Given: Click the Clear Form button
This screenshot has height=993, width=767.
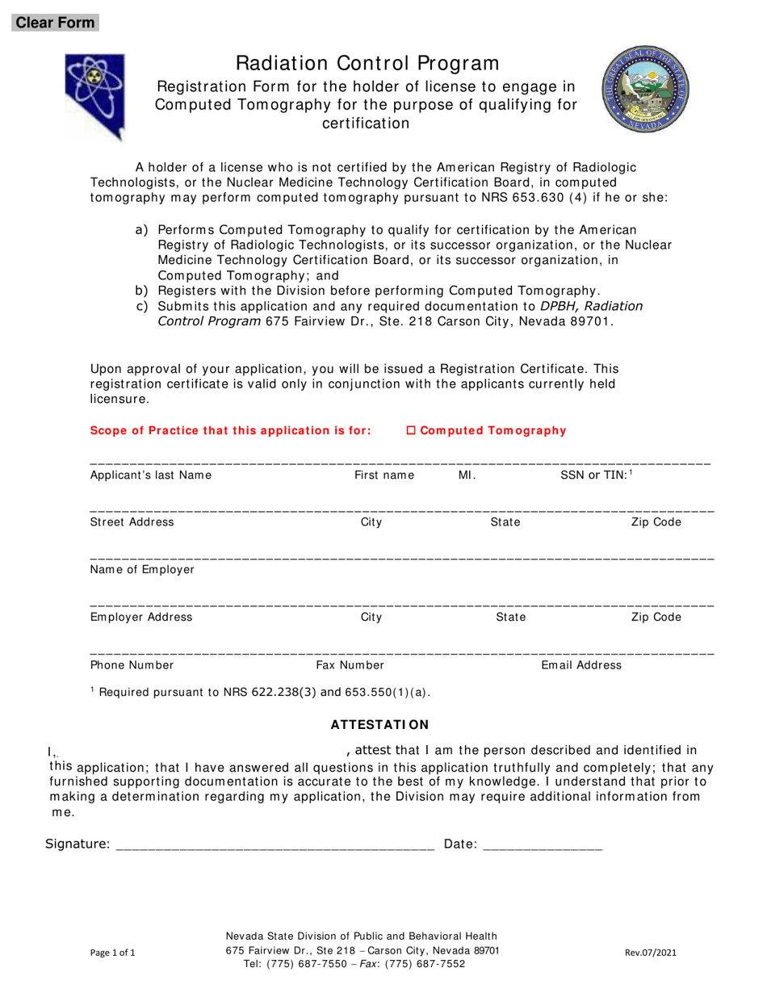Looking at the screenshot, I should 56,23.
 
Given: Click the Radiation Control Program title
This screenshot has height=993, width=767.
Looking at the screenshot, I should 367,63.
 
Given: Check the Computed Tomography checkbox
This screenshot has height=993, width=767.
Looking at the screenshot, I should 410,431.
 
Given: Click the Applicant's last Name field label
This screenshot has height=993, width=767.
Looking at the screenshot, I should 151,476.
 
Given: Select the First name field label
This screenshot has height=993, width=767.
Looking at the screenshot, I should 384,476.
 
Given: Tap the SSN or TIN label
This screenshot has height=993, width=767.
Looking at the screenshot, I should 595,476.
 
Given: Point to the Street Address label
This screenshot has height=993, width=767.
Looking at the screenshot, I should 132,522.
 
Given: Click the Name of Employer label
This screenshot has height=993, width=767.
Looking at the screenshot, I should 142,570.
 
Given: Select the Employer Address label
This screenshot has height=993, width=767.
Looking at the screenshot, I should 141,618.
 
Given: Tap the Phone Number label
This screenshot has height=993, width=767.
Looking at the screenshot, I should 132,665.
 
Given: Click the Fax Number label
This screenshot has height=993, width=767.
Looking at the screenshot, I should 350,665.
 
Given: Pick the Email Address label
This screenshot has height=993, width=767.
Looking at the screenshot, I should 581,665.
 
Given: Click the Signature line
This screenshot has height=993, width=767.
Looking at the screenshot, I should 275,844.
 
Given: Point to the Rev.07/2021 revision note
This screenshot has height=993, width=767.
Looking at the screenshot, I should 651,953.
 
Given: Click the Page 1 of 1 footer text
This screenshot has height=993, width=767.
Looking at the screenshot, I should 113,953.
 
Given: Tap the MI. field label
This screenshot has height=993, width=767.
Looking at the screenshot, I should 467,476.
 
